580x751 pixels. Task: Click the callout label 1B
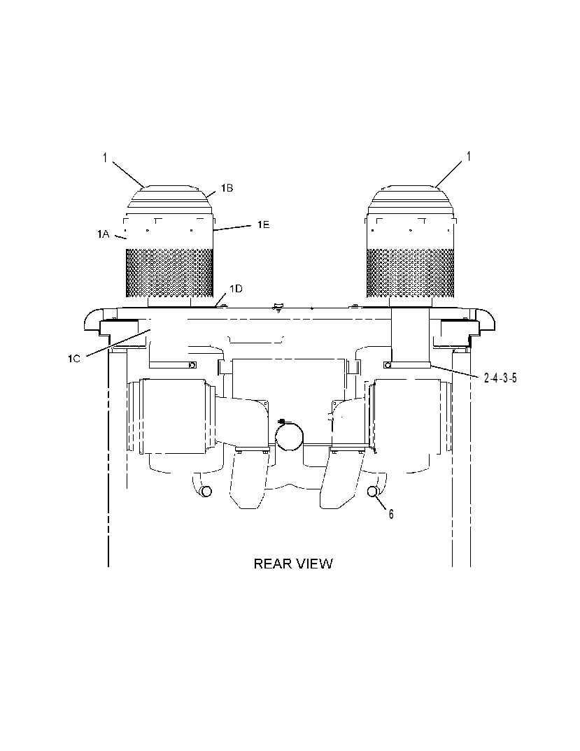227,188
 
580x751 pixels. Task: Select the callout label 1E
263,224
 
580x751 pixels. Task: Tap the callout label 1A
103,234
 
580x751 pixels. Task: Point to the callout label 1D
236,289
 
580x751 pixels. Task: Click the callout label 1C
74,358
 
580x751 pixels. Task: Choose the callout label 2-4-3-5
500,378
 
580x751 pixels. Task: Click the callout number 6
391,514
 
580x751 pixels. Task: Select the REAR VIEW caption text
293,564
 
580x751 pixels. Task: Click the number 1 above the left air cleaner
105,157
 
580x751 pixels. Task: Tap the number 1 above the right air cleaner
469,157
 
